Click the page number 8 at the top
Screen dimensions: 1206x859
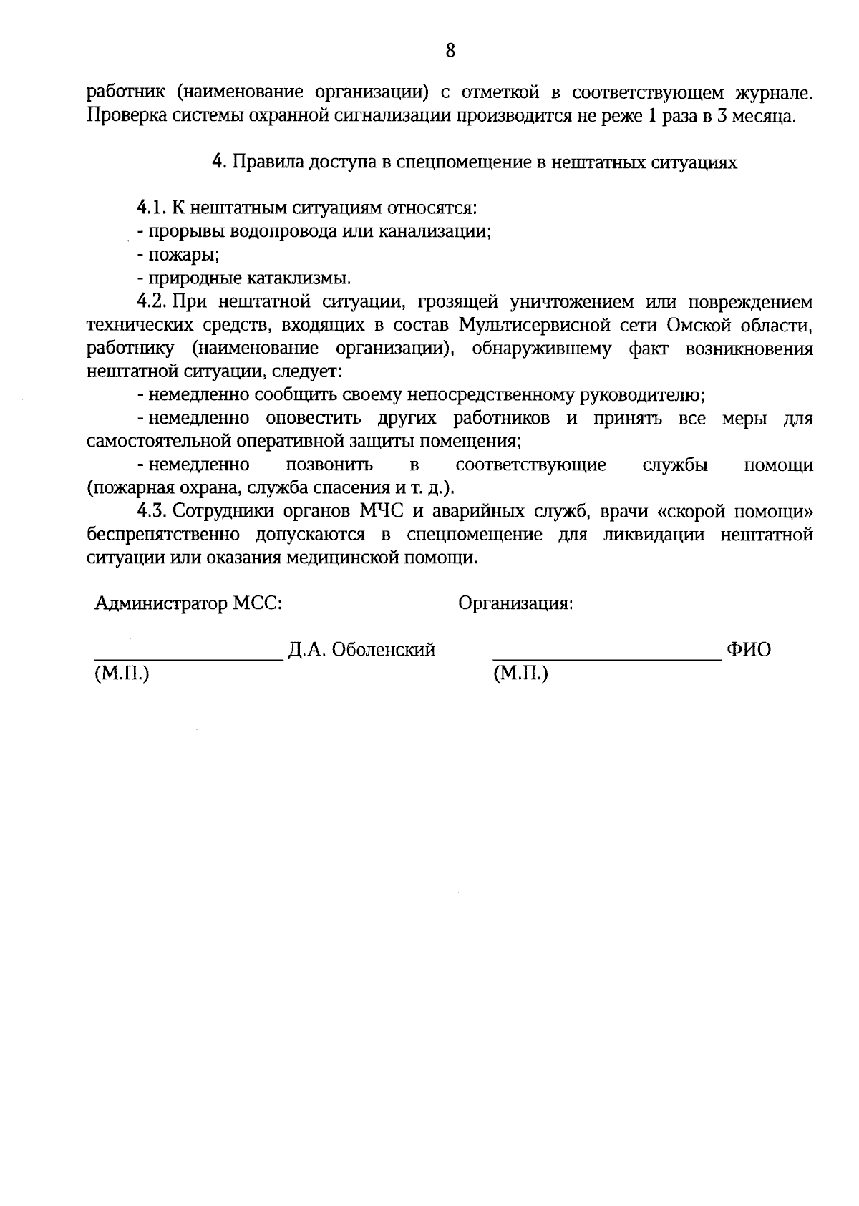(450, 50)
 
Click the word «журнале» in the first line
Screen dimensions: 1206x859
(773, 92)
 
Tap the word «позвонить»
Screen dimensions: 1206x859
(329, 465)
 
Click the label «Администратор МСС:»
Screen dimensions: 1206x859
(188, 603)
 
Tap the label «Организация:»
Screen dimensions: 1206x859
(515, 603)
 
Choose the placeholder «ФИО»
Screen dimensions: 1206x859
(749, 650)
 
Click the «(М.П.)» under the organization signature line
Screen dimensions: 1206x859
(520, 673)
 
